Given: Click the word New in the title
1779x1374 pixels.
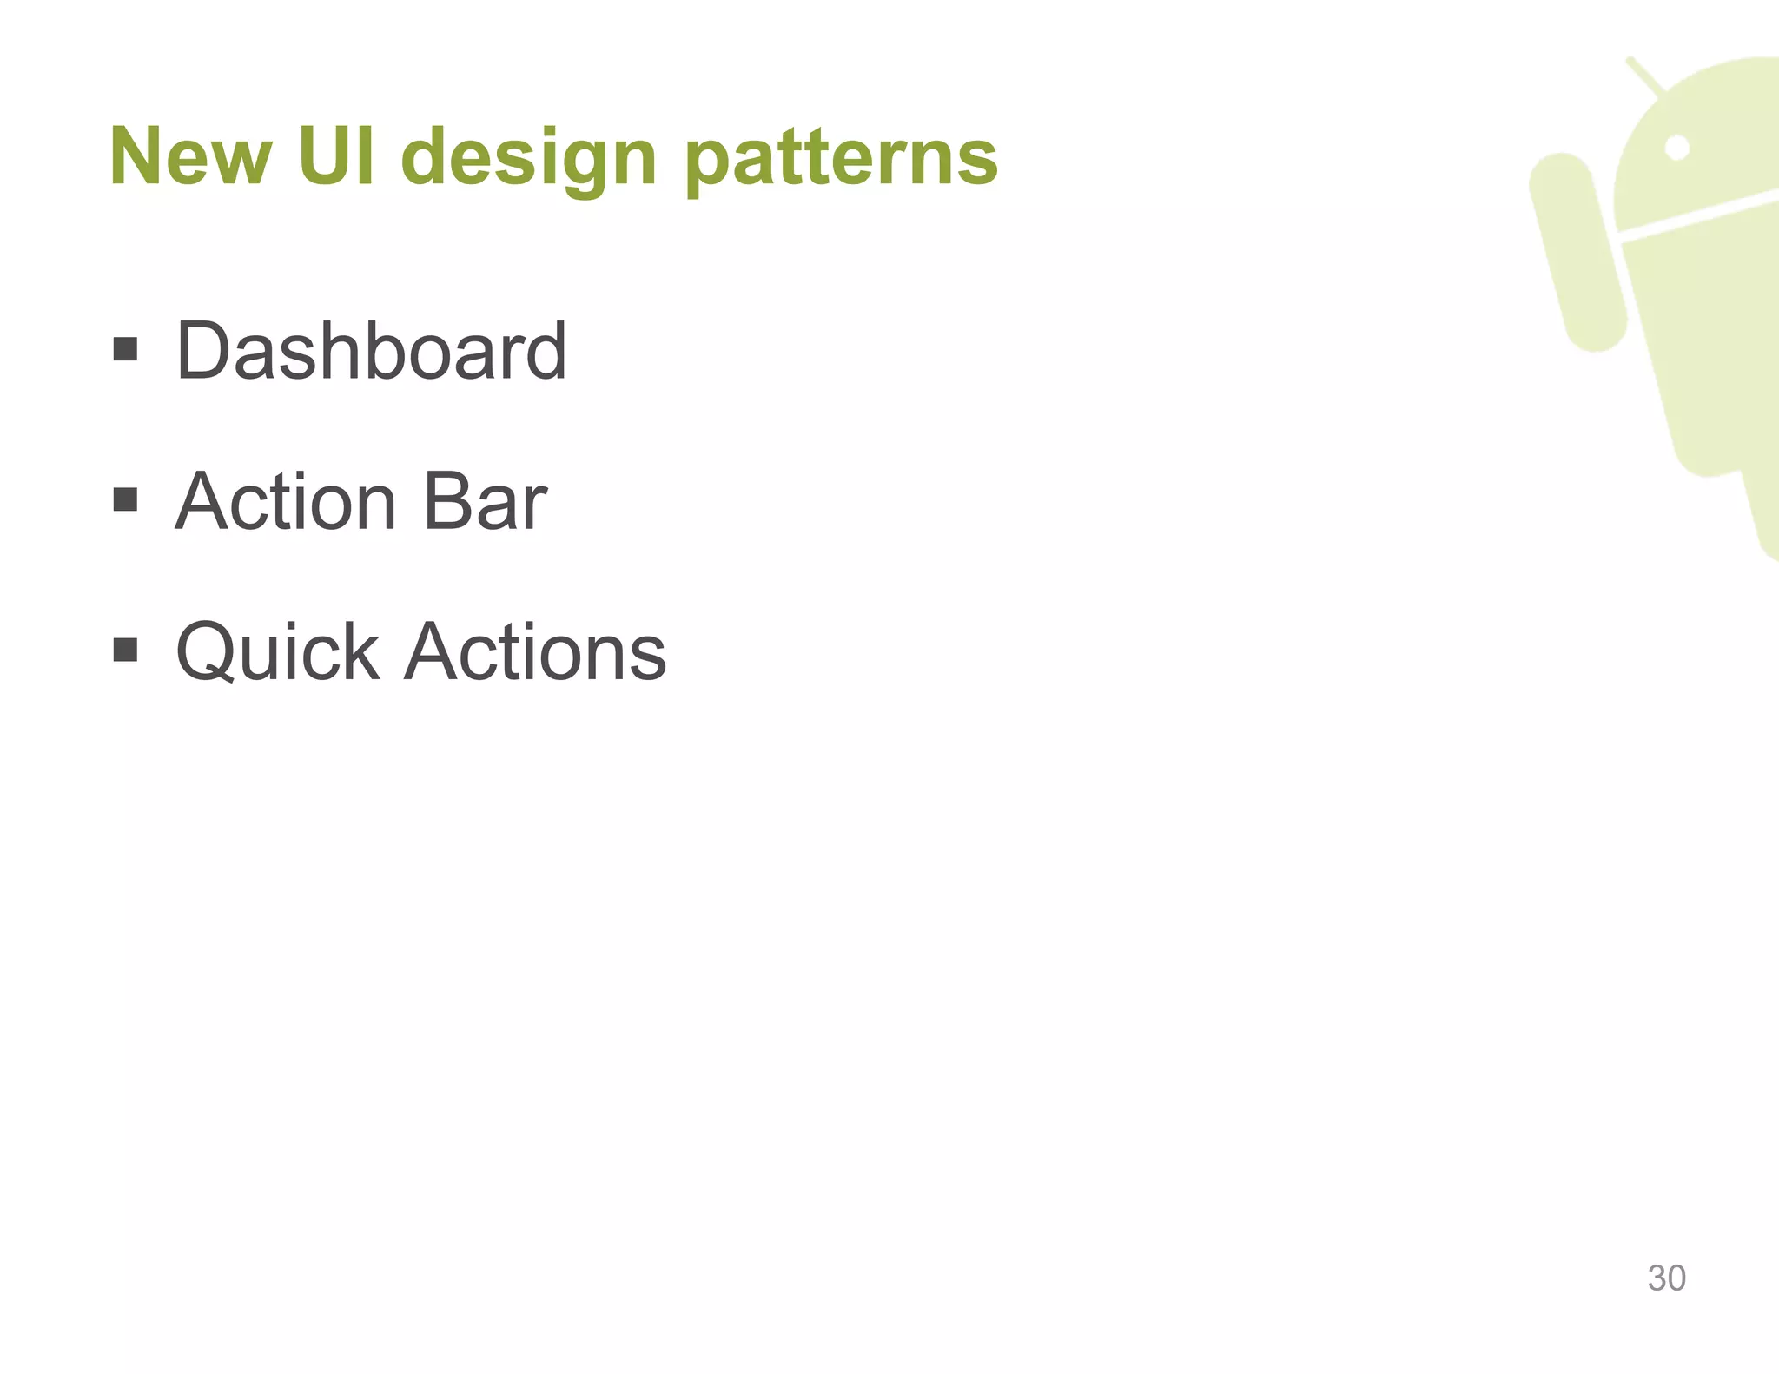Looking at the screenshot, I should tap(190, 157).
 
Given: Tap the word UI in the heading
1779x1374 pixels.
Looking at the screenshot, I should tap(337, 157).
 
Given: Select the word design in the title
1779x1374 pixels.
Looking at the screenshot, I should tap(528, 161).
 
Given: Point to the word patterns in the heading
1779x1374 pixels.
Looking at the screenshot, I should tap(841, 161).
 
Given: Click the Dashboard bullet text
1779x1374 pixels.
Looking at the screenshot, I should tap(371, 351).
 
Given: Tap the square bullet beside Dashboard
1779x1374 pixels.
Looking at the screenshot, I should tap(126, 350).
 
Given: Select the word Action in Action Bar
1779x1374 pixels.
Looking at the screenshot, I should tap(286, 502).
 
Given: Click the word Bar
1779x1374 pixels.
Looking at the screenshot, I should tap(484, 502).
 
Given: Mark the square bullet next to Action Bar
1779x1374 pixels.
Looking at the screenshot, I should tap(126, 500).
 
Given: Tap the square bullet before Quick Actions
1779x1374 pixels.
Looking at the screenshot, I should tap(126, 650).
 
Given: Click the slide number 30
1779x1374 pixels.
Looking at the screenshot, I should tap(1666, 1278).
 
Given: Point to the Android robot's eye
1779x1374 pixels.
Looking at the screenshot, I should tap(1676, 149).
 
